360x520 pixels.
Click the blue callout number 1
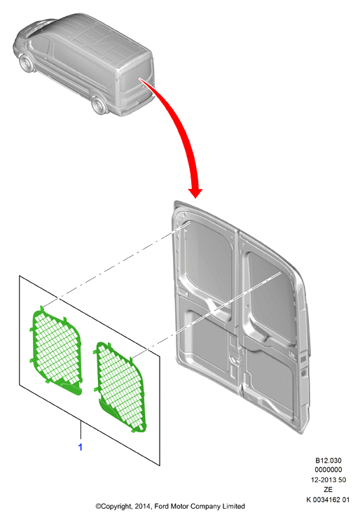(80, 447)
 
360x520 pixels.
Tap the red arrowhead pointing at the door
(195, 192)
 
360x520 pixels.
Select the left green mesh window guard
(57, 351)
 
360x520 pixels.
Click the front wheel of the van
(25, 64)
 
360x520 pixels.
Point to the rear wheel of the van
(99, 106)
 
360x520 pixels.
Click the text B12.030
(328, 461)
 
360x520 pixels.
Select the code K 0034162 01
(328, 500)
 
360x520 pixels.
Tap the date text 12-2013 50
(328, 479)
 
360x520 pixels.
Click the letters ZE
(328, 489)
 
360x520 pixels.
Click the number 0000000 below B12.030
(328, 470)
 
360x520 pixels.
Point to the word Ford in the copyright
(161, 506)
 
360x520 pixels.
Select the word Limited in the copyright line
(233, 506)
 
